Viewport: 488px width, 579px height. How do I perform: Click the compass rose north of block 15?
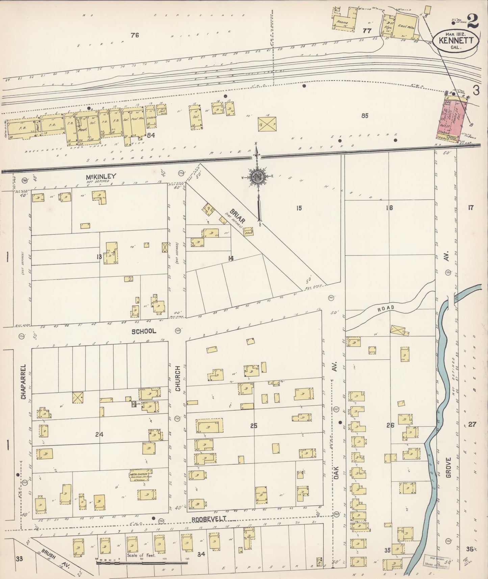point(258,176)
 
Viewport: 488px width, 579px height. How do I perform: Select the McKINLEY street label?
point(101,176)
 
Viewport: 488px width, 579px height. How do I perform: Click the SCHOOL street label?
point(144,331)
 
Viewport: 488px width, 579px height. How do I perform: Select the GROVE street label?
point(448,468)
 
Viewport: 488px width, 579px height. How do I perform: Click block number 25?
point(254,426)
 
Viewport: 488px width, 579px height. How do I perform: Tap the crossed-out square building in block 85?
point(267,124)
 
